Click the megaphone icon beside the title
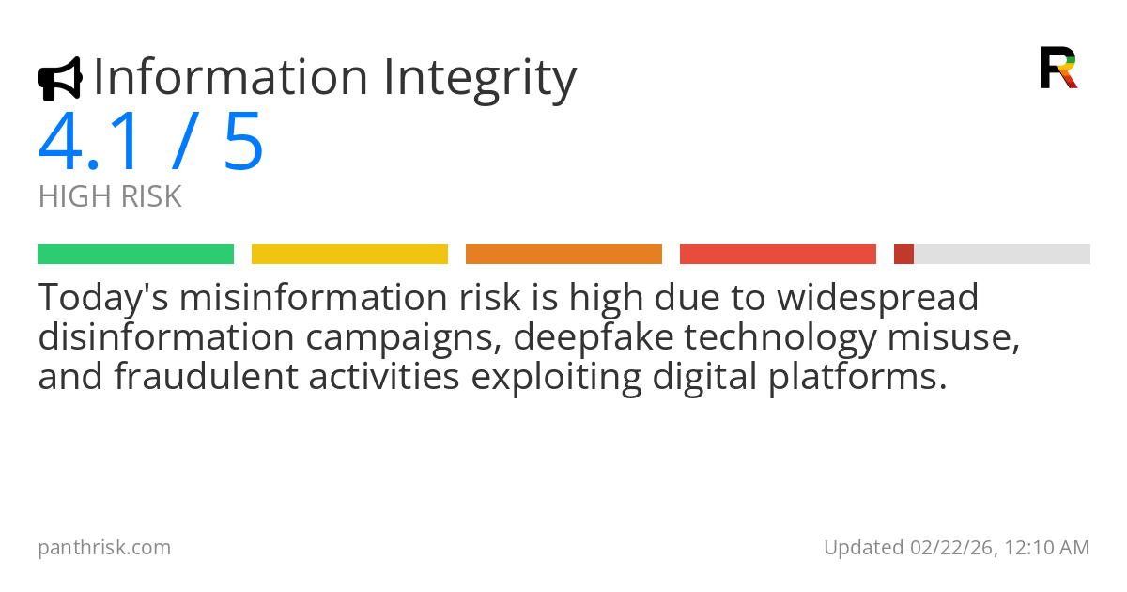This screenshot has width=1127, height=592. click(59, 79)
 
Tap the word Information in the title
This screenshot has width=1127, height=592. click(230, 77)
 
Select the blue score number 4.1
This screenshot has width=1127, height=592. click(93, 143)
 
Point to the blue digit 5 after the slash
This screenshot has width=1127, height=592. click(243, 143)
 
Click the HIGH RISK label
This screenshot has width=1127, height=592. click(110, 197)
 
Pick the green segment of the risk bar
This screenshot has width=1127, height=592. click(135, 254)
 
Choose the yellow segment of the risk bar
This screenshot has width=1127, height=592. click(349, 254)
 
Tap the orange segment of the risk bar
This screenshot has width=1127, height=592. click(563, 254)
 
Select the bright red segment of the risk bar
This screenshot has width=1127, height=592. click(778, 254)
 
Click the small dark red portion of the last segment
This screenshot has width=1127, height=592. click(903, 254)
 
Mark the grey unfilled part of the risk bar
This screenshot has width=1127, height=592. click(1001, 254)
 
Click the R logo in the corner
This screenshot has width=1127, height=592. click(1058, 68)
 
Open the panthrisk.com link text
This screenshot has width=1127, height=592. click(104, 547)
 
